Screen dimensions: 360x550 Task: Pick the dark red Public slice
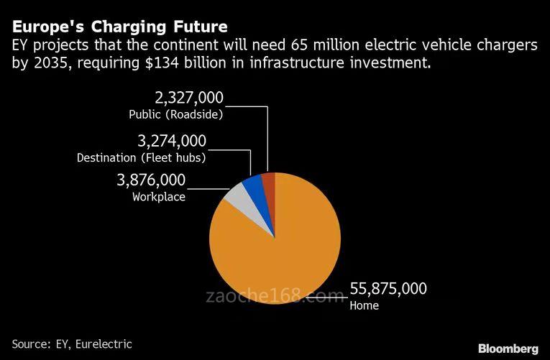(x=269, y=183)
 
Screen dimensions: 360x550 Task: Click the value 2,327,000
(x=190, y=98)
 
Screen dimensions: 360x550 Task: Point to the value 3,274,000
(x=172, y=140)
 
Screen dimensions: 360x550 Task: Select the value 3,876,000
(x=151, y=180)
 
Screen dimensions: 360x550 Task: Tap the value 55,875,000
(x=388, y=289)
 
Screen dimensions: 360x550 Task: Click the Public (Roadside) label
(x=176, y=114)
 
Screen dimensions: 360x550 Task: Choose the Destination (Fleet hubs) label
(x=142, y=157)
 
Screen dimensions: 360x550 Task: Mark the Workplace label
(x=159, y=197)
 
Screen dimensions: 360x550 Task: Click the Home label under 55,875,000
(x=364, y=305)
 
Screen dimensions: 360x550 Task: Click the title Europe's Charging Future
(x=119, y=27)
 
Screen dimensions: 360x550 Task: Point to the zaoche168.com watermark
(x=275, y=296)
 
